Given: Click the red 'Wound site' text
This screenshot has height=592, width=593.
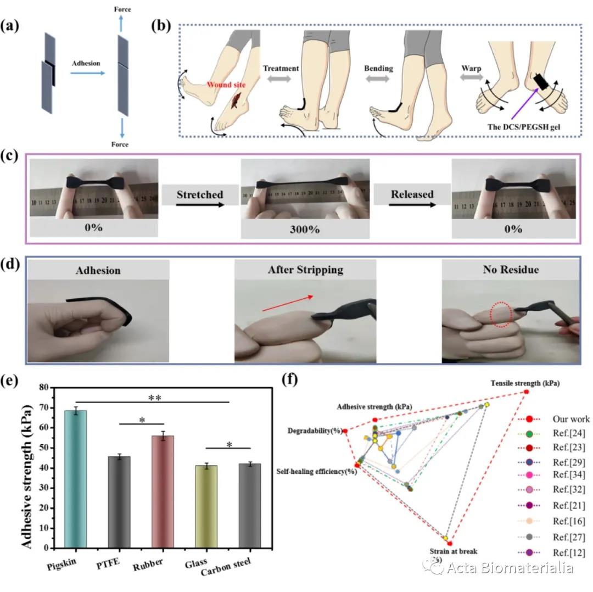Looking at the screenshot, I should [223, 85].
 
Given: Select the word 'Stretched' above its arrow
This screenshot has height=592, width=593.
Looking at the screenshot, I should [199, 194].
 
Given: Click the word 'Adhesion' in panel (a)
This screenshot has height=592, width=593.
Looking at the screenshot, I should [86, 63].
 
